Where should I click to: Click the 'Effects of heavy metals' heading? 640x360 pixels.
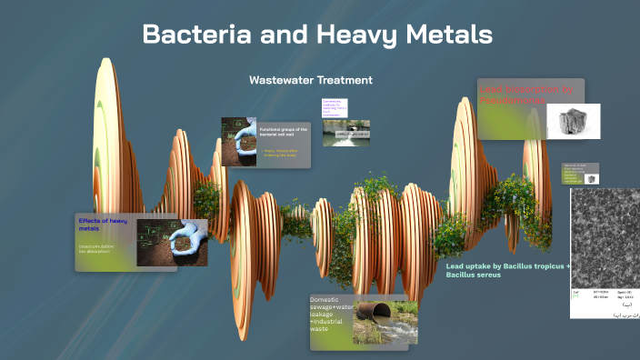(x=101, y=225)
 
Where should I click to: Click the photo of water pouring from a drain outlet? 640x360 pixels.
(x=345, y=134)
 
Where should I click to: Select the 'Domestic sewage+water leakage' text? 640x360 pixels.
(x=330, y=309)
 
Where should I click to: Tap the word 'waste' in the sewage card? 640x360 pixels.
(x=320, y=329)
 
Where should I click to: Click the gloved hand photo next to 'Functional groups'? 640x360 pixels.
(x=238, y=140)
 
